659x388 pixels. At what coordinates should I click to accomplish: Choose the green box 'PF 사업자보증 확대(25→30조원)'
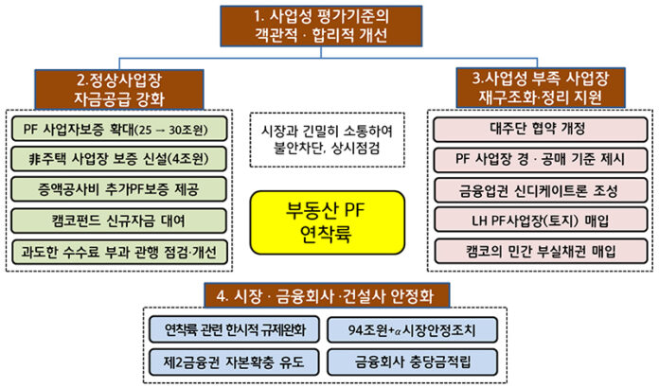tap(119, 127)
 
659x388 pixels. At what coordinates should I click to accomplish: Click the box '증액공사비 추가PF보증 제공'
tap(119, 188)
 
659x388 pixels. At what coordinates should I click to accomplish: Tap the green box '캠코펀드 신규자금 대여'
tap(119, 220)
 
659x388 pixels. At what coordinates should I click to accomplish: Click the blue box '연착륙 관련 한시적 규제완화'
tap(232, 329)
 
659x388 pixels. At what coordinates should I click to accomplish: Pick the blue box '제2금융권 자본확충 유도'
tap(232, 360)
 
